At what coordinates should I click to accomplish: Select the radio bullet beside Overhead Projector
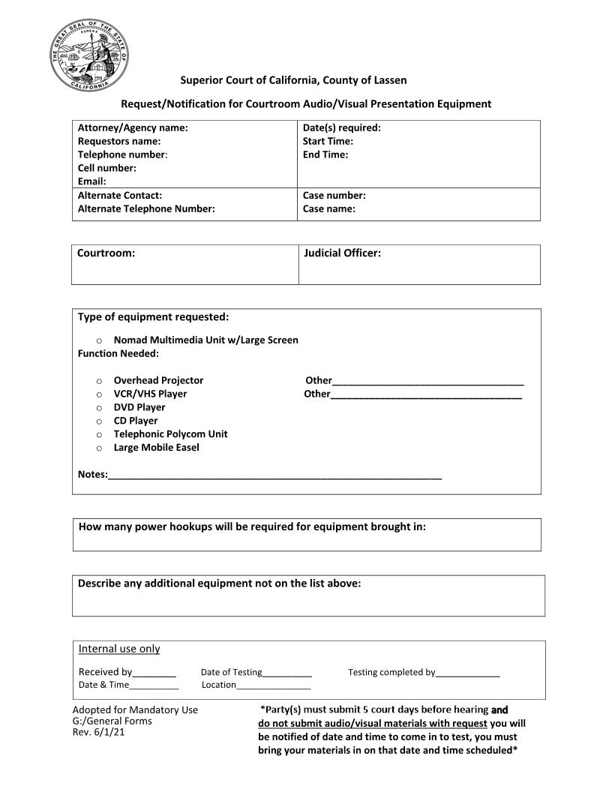tap(99, 381)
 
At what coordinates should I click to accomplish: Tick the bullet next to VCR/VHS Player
tap(99, 394)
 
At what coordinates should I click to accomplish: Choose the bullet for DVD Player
tap(99, 408)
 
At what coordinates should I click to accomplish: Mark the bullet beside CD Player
tap(99, 421)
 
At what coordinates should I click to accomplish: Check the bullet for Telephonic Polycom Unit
tap(99, 435)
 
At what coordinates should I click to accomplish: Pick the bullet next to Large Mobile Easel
tap(99, 448)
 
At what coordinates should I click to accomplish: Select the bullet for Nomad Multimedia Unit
tap(99, 340)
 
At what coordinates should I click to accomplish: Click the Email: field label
tap(92, 181)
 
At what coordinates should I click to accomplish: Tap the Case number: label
tap(334, 196)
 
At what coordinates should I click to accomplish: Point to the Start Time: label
tap(328, 141)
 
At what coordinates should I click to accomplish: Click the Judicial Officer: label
tap(342, 253)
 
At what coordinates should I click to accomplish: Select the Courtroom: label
tap(106, 253)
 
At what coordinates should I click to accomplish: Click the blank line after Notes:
tap(274, 475)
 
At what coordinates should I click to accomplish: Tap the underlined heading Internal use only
tap(119, 649)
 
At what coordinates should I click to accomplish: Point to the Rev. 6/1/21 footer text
tap(98, 733)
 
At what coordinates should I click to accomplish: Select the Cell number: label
tap(107, 168)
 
